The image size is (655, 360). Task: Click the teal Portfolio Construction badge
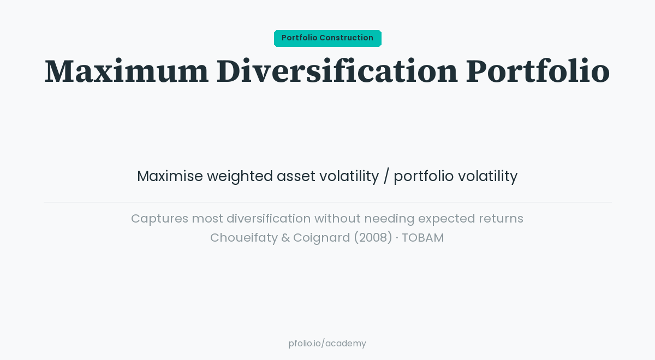pos(327,38)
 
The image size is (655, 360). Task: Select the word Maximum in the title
pos(126,71)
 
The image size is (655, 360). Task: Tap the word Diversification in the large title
pos(337,71)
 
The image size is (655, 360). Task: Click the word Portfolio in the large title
pos(537,71)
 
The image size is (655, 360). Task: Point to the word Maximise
pos(170,176)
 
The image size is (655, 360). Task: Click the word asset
pos(296,176)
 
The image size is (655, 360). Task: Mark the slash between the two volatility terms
pos(386,176)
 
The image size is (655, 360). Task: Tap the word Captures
pos(159,219)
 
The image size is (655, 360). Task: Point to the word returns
pos(501,219)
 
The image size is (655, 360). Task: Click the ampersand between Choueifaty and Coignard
pos(285,238)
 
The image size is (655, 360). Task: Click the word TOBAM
pos(423,238)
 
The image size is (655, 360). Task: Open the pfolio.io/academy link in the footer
pos(327,344)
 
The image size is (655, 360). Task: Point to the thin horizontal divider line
pos(327,202)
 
